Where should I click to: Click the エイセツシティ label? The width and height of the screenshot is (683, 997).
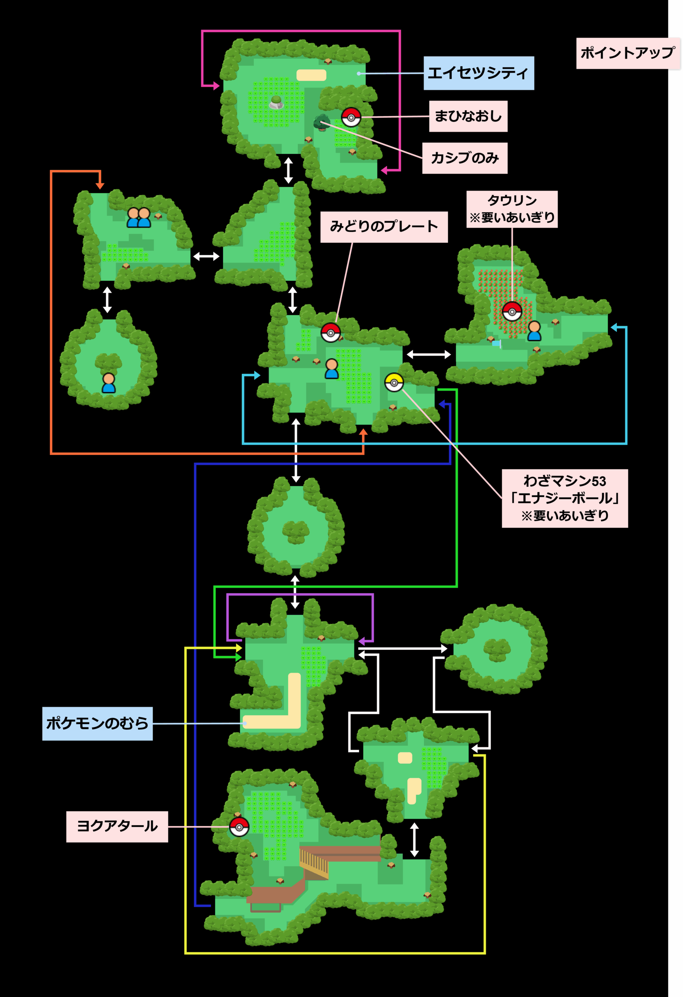(x=478, y=73)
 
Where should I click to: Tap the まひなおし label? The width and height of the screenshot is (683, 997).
(x=468, y=116)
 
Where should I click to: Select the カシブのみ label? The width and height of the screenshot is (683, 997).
(x=465, y=158)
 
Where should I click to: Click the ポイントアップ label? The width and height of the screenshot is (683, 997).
(x=628, y=53)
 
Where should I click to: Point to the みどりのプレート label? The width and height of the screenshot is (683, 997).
(x=384, y=227)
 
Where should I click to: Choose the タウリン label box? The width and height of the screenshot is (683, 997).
(x=512, y=209)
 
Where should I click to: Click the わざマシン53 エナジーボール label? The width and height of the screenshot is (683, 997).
(x=565, y=498)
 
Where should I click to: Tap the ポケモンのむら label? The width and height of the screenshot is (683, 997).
(x=97, y=723)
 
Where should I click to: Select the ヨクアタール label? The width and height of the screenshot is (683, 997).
(x=117, y=826)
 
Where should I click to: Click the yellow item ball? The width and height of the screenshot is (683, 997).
(x=394, y=382)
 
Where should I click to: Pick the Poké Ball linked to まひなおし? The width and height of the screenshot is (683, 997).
(x=351, y=117)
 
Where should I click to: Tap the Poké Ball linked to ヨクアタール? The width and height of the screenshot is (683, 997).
(x=239, y=827)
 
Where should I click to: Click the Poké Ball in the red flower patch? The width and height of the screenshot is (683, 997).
(x=512, y=311)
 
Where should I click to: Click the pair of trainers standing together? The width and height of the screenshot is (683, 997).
(x=139, y=217)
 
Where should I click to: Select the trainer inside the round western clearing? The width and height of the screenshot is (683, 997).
(x=109, y=383)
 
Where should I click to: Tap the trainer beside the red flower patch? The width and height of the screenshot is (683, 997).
(x=534, y=331)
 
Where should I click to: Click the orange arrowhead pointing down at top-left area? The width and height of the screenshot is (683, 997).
(x=100, y=186)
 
